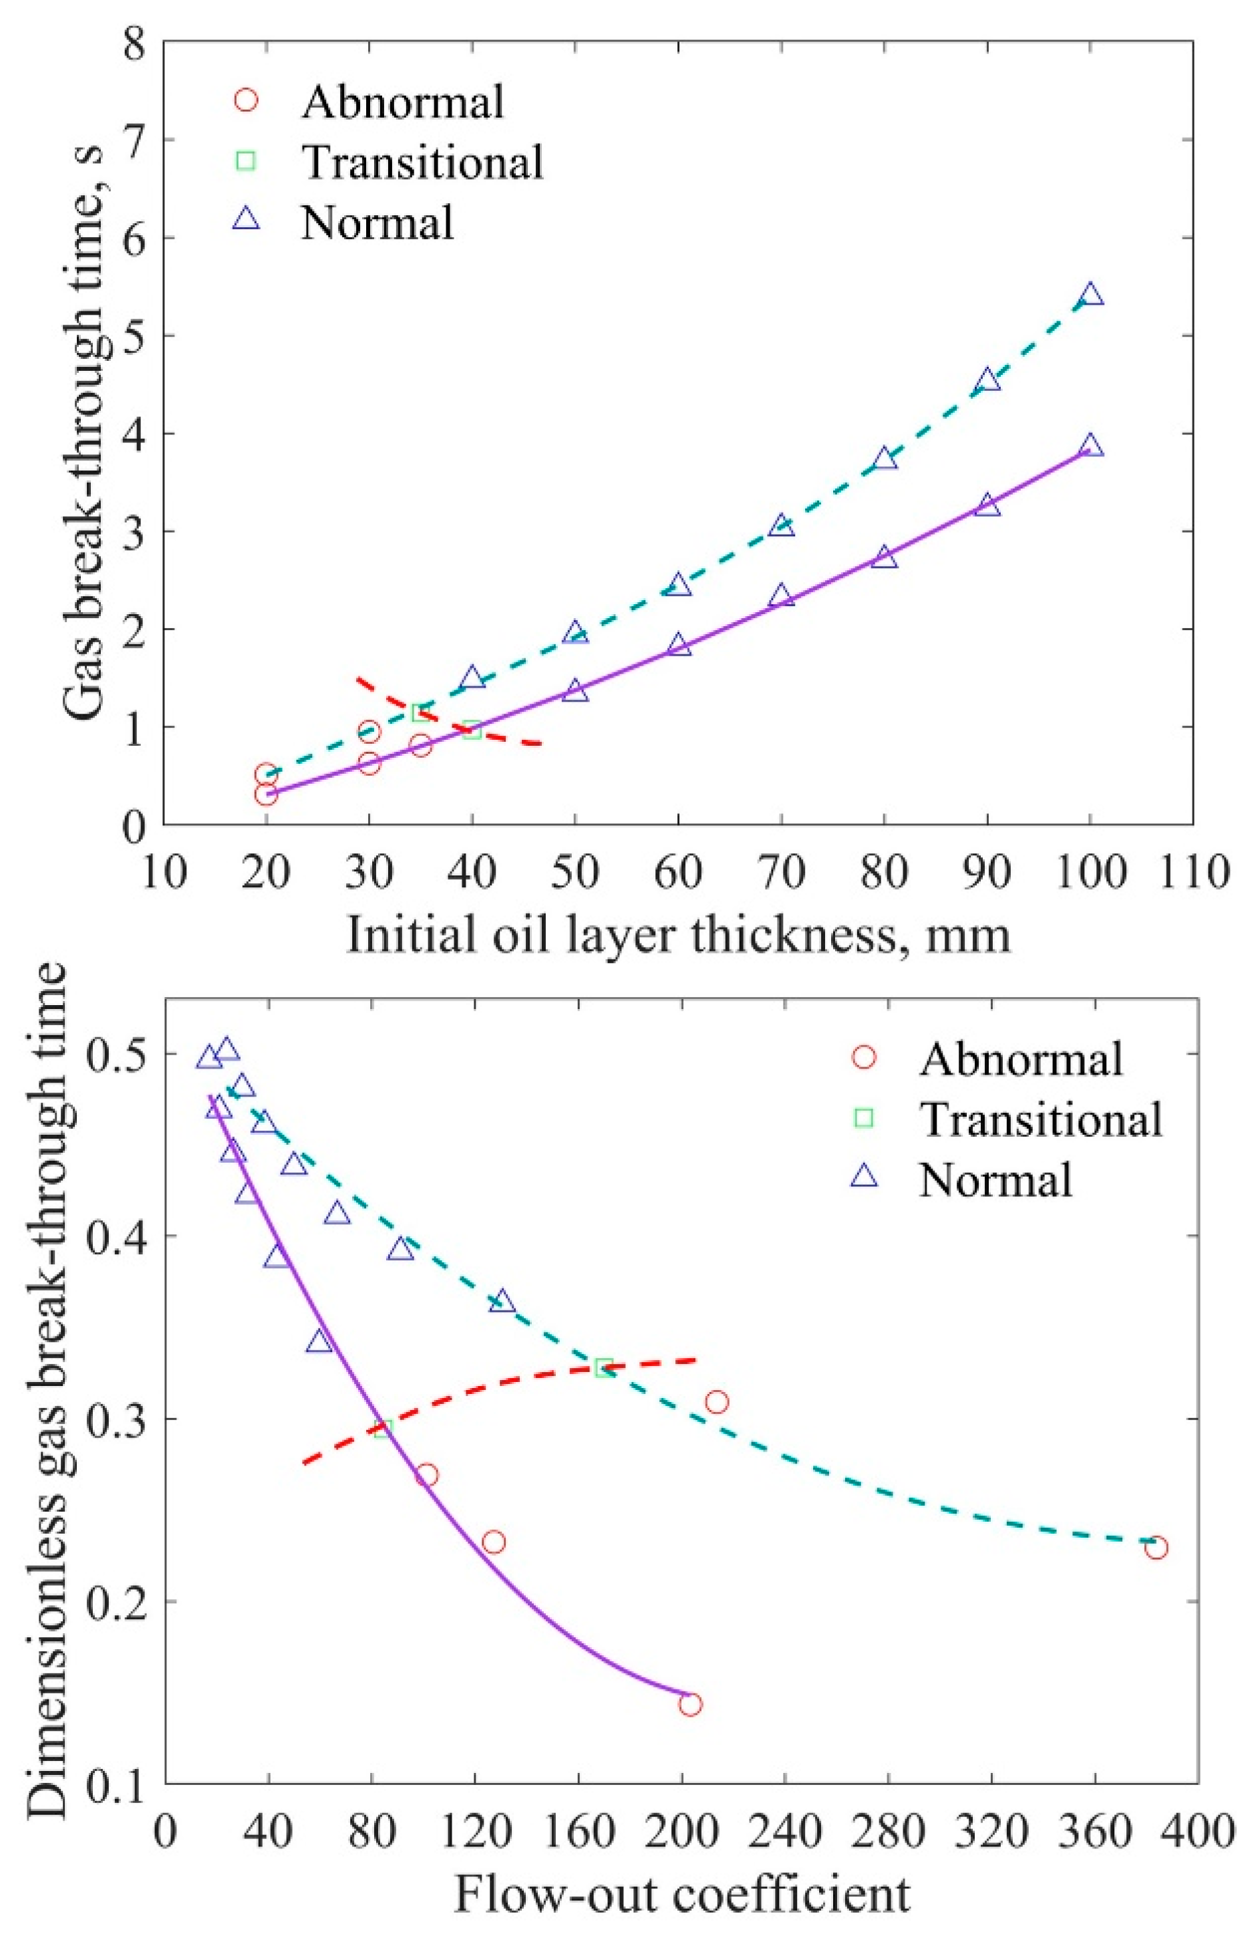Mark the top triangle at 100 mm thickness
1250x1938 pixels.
click(x=1091, y=294)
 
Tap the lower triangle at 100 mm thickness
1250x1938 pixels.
click(x=1091, y=446)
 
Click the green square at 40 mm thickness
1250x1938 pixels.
click(x=472, y=730)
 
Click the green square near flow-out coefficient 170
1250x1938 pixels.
click(x=603, y=1368)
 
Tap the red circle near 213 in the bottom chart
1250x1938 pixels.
click(x=716, y=1402)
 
